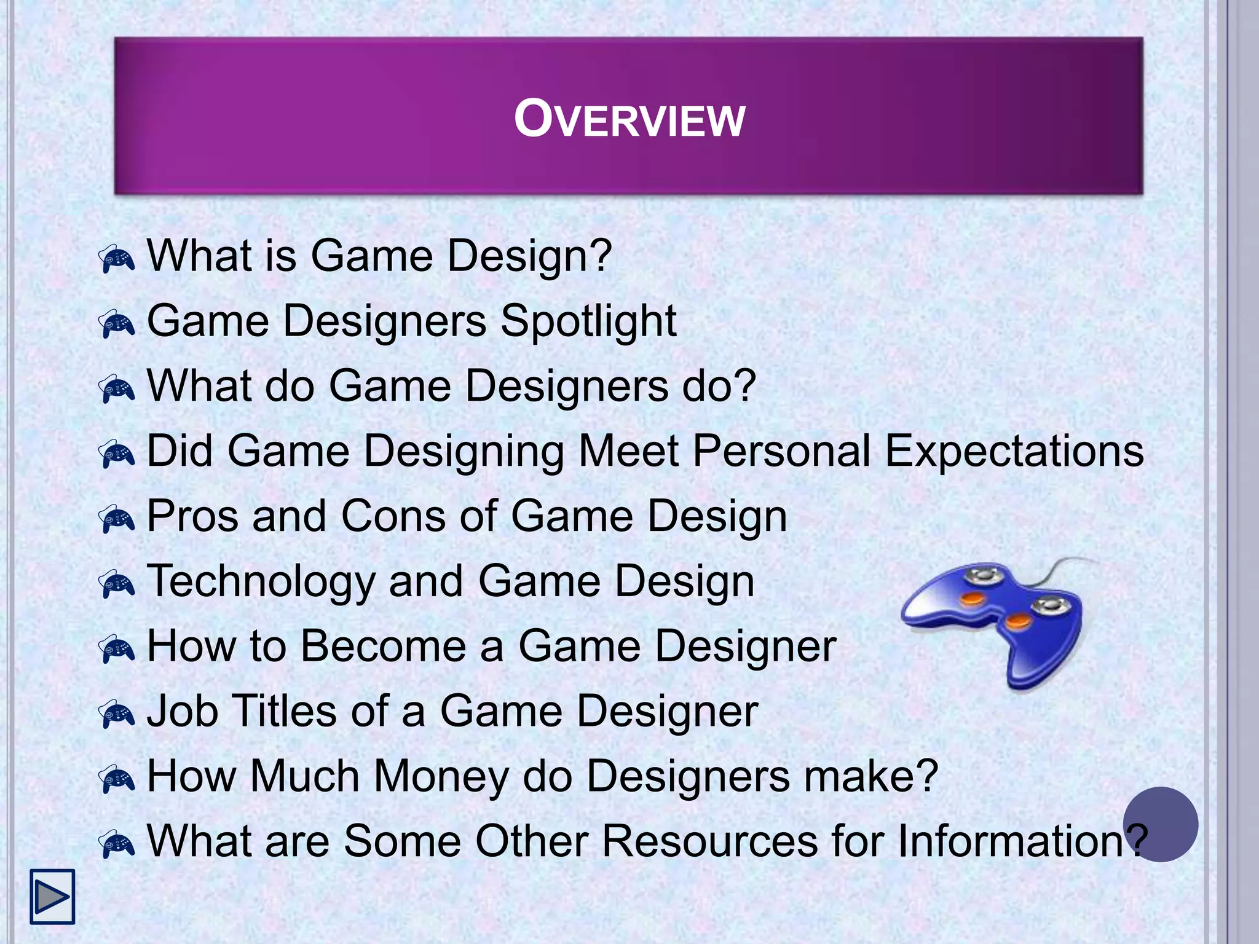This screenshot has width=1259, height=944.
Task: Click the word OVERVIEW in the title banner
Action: click(x=629, y=119)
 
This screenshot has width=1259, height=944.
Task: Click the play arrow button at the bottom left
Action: click(x=52, y=896)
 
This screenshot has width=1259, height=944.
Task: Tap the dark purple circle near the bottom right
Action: click(x=1160, y=824)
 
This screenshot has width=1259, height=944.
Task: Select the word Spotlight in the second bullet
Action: click(x=588, y=322)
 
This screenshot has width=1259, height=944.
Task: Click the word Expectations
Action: click(x=1014, y=451)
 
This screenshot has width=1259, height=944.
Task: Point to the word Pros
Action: click(x=192, y=516)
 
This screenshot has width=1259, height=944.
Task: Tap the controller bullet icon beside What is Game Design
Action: click(x=117, y=259)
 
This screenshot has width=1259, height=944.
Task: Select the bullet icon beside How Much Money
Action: click(x=117, y=779)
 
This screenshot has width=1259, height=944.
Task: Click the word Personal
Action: click(x=781, y=451)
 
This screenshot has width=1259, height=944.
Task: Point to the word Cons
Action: click(x=393, y=516)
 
